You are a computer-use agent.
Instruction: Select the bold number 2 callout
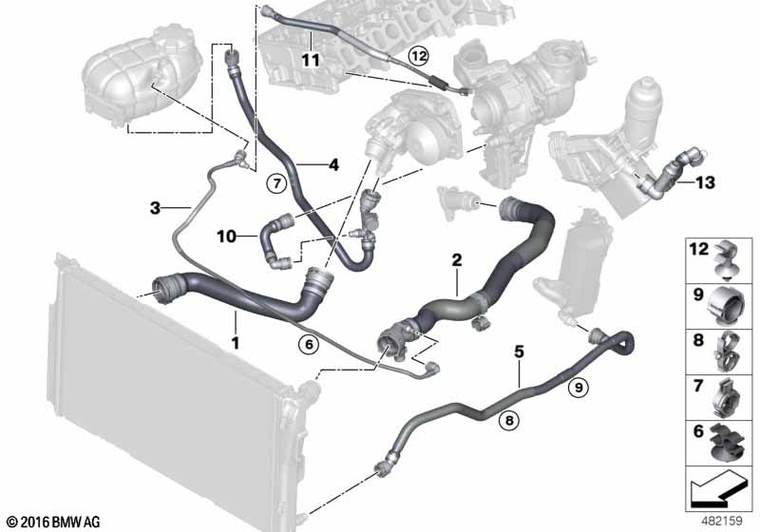pos(457,259)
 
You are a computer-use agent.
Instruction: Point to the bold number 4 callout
pos(333,165)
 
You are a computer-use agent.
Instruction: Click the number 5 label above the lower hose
pos(519,351)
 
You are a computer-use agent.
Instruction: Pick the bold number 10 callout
pos(226,235)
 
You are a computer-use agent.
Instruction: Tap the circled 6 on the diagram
pos(307,344)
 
